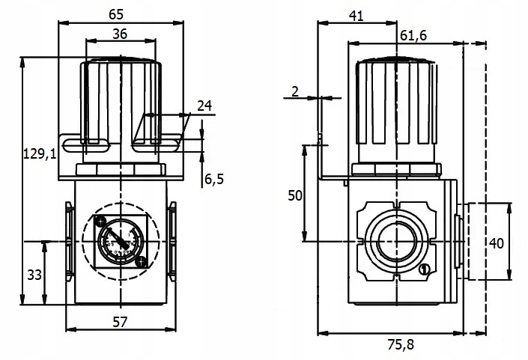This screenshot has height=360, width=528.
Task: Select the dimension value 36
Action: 120,33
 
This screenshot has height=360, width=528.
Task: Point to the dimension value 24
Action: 203,107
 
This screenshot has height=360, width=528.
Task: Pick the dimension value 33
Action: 34,275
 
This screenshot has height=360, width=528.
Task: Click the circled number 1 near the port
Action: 424,269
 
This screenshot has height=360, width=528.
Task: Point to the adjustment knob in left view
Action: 120,101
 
